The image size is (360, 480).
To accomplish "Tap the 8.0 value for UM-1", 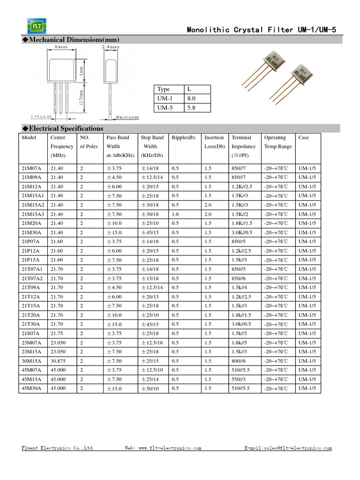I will (191, 98).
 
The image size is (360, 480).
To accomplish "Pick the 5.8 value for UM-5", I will (191, 108).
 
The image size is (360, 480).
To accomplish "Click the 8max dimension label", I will (61, 47).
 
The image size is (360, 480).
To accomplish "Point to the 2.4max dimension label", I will (111, 47).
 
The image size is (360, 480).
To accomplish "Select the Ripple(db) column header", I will (183, 138).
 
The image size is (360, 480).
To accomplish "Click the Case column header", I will (304, 138).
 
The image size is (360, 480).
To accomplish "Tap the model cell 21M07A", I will (31, 168).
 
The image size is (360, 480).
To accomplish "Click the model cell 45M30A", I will (31, 389).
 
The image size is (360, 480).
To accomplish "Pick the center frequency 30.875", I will (59, 361).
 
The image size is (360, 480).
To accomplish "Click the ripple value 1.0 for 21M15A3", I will (175, 214).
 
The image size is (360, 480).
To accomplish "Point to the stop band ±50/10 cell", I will (150, 389).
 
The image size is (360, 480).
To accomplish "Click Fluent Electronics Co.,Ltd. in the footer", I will (58, 448).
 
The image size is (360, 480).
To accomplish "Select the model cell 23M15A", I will (31, 352).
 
